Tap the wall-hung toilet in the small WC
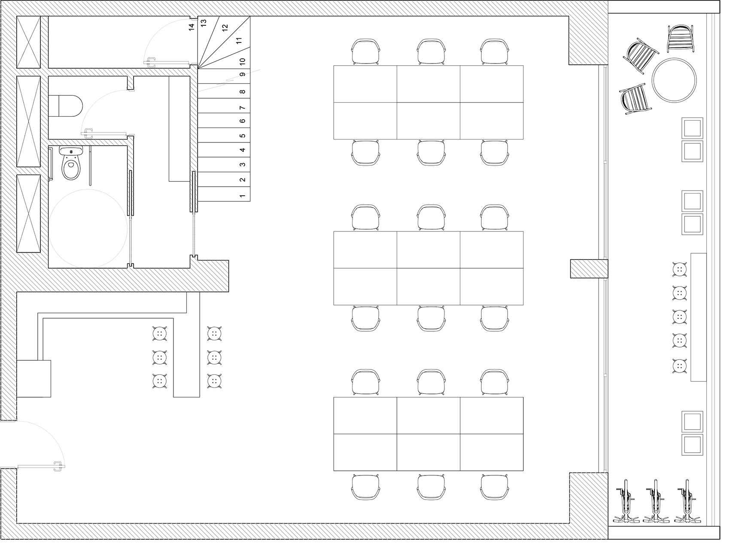coord(66,106)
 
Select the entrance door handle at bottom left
coord(58,466)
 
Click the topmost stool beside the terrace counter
coord(679,269)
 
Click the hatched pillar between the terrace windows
coord(588,269)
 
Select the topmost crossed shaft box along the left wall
coord(29,42)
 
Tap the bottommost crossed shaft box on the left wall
coord(29,213)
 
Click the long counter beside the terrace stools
coord(698,317)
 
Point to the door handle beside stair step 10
coord(151,62)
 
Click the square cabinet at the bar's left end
coord(34,378)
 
